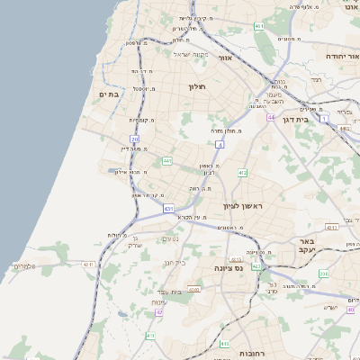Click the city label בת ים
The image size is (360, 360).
pyautogui.click(x=109, y=93)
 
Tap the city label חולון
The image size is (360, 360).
pyautogui.click(x=197, y=86)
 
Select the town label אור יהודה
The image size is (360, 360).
pyautogui.click(x=339, y=56)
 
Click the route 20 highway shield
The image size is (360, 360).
pyautogui.click(x=135, y=139)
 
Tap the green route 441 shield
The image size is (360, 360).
pyautogui.click(x=167, y=160)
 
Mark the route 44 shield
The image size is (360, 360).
pyautogui.click(x=270, y=117)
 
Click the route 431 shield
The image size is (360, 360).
pyautogui.click(x=168, y=209)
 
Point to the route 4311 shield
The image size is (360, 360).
pyautogui.click(x=331, y=228)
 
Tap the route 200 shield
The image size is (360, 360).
pyautogui.click(x=324, y=273)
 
